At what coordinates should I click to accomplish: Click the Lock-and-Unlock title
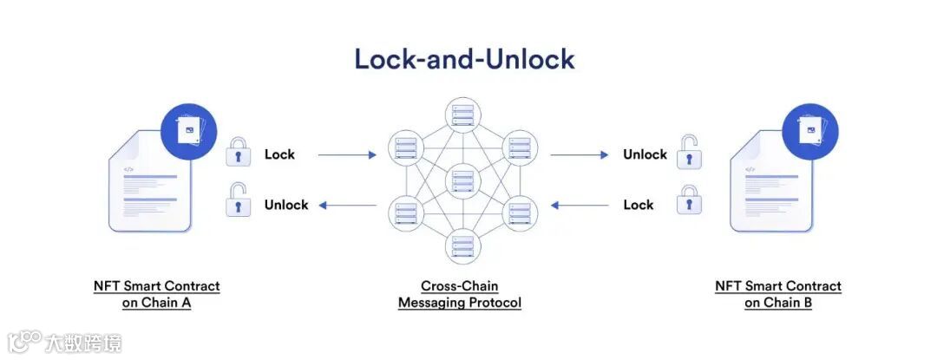tap(463, 59)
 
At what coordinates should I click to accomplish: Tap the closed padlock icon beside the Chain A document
tap(238, 153)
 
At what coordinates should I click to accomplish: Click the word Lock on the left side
tap(279, 154)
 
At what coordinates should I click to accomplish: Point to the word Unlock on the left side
tap(286, 205)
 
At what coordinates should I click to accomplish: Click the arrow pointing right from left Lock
tap(347, 155)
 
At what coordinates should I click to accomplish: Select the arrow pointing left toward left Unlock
tap(347, 206)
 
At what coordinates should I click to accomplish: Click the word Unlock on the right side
tap(645, 154)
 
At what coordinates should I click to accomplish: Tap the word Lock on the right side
tap(639, 205)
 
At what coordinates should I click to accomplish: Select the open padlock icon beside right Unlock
tap(690, 152)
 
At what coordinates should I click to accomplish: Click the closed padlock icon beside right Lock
tap(690, 201)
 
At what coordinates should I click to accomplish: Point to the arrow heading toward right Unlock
tap(580, 155)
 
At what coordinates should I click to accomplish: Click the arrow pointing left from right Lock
tap(580, 206)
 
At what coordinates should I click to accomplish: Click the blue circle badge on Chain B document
tap(810, 131)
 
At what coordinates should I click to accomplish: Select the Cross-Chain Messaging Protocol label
tap(460, 294)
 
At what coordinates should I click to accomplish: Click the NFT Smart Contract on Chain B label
tap(778, 294)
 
